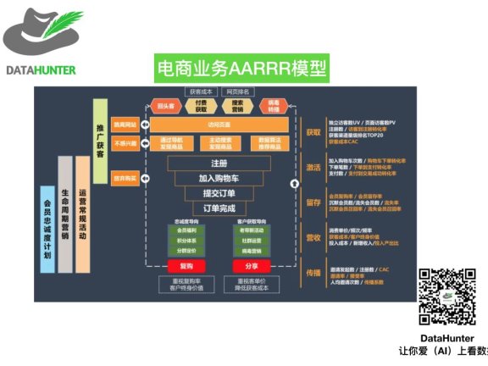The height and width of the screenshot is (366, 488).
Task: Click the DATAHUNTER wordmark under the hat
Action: tap(41, 69)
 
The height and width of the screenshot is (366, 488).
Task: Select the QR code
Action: tap(446, 294)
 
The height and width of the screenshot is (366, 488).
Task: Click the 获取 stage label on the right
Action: tap(313, 133)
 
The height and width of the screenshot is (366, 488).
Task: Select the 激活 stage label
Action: tap(313, 168)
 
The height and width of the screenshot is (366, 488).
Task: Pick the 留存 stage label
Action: tap(313, 202)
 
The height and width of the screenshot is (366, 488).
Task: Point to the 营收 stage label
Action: tap(313, 238)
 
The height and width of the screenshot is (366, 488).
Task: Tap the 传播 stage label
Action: tap(313, 273)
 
